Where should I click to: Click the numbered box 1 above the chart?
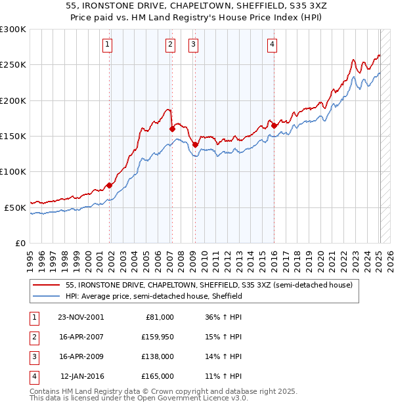point(107,45)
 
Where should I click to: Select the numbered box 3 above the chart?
point(194,45)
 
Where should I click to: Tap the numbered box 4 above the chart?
point(272,45)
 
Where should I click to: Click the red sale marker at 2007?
point(172,129)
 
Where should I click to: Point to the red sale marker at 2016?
point(274,125)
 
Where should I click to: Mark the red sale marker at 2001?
point(110,185)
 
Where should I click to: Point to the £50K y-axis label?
point(15,207)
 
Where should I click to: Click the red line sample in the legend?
point(46,285)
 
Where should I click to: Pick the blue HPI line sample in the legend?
point(46,296)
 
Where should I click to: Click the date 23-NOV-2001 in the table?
point(81,317)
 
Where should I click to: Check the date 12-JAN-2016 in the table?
point(82,376)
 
